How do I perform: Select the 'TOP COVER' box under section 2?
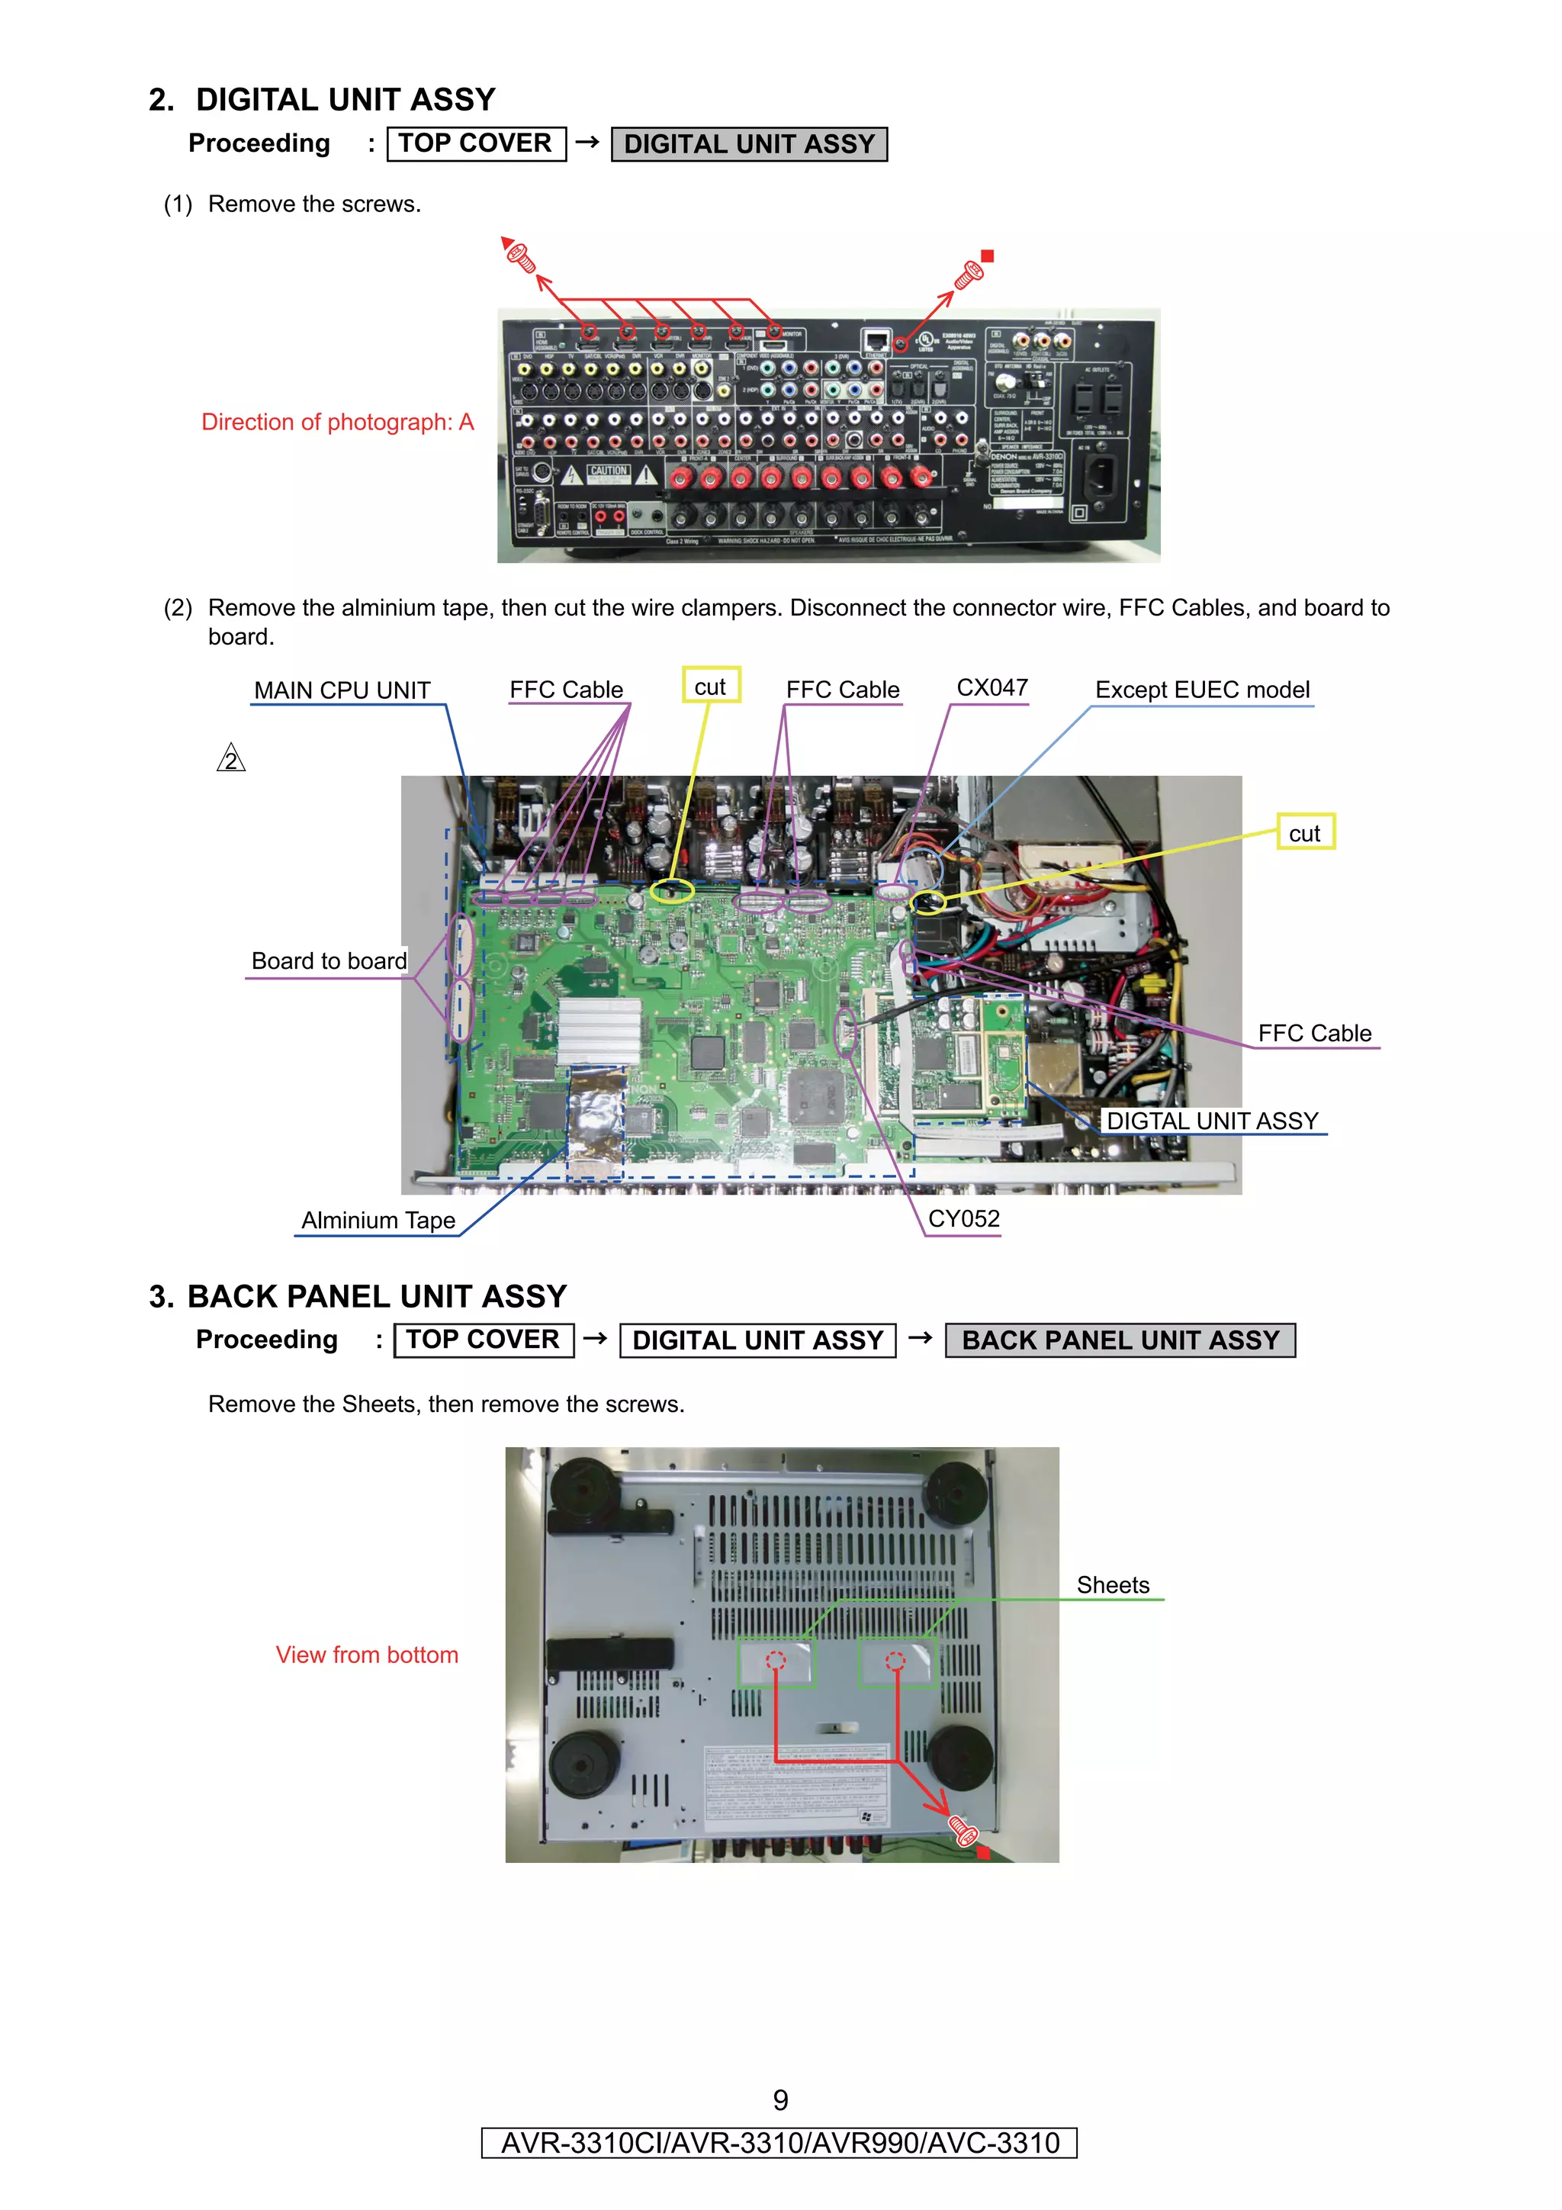[x=475, y=143]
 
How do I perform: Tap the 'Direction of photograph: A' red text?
[x=337, y=422]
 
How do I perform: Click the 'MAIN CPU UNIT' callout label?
[x=342, y=690]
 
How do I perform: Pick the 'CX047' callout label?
[x=992, y=687]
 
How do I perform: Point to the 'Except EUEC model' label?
[x=1202, y=690]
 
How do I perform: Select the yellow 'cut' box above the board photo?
[x=710, y=687]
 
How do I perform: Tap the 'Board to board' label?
[x=328, y=960]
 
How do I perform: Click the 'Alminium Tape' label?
[x=378, y=1220]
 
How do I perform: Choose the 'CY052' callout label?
[x=963, y=1218]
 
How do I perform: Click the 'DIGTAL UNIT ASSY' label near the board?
[x=1212, y=1121]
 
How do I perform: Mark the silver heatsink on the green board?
[x=599, y=1030]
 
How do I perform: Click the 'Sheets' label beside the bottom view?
[x=1113, y=1585]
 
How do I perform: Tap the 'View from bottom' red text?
[x=367, y=1655]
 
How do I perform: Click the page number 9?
[x=780, y=2100]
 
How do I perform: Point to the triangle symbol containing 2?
[x=231, y=760]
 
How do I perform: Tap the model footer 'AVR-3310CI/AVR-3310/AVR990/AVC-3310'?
[x=779, y=2143]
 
